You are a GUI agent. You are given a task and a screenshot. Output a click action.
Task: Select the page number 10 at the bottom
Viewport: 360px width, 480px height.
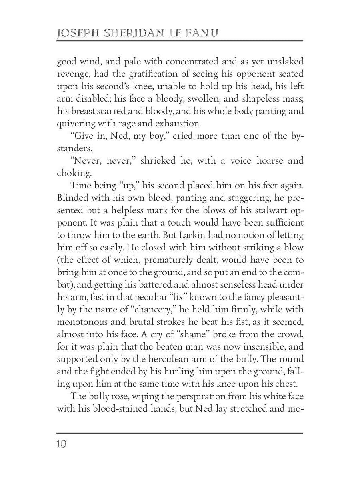click(62, 444)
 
